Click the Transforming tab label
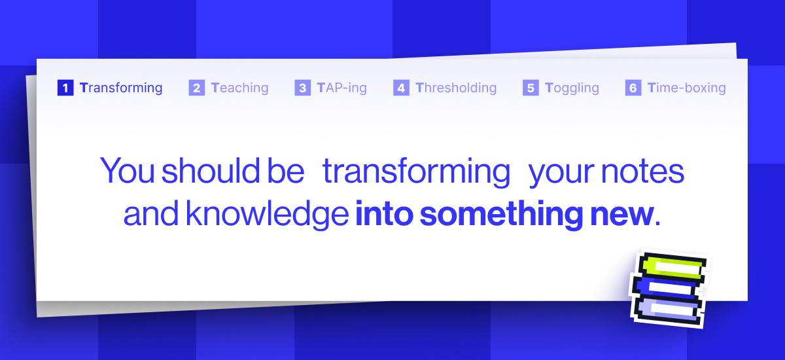(x=121, y=88)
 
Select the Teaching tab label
(x=239, y=88)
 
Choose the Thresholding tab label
(x=456, y=88)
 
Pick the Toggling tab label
(x=572, y=88)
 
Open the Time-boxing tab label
(x=686, y=88)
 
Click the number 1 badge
(x=65, y=88)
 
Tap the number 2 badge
(x=196, y=88)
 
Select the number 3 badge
(x=302, y=88)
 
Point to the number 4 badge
(x=401, y=88)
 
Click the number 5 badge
(x=531, y=88)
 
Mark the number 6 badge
(x=633, y=88)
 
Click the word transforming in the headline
(x=416, y=171)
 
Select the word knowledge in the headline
(x=266, y=215)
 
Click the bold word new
(x=629, y=215)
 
